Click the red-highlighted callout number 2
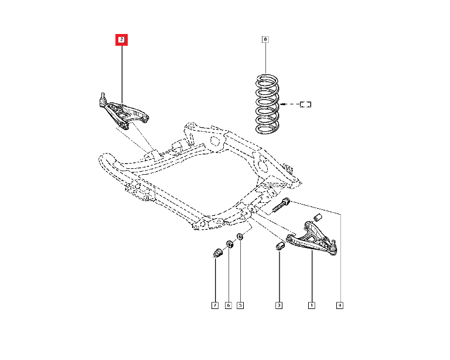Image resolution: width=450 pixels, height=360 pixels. tap(121, 40)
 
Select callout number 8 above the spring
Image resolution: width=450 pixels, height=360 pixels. tap(265, 40)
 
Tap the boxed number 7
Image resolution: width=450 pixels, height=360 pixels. tap(215, 305)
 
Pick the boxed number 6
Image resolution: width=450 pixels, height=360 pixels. tap(228, 305)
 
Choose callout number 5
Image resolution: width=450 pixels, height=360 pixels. tap(240, 305)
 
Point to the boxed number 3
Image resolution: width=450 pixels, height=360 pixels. tap(279, 305)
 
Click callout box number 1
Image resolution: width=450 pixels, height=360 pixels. tap(312, 305)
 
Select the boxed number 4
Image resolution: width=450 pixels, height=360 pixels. tap(340, 305)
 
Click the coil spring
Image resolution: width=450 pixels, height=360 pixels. tap(267, 102)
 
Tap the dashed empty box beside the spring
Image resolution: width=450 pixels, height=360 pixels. tap(306, 105)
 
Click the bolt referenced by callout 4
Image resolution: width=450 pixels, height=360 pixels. tap(282, 206)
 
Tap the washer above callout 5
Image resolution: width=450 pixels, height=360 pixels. tap(240, 237)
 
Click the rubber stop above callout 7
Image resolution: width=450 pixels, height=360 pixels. tap(216, 254)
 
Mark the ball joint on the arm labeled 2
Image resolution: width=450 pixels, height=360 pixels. tap(101, 100)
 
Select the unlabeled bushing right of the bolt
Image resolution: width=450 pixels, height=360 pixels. tap(319, 218)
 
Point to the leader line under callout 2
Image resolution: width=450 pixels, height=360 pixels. tap(121, 70)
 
